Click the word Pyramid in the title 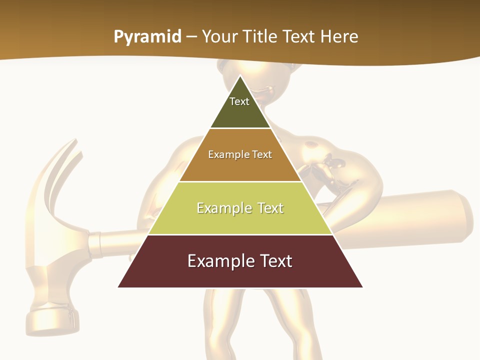(x=147, y=37)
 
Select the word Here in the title (x=339, y=37)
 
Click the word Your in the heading (x=218, y=37)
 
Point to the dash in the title (x=191, y=37)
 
